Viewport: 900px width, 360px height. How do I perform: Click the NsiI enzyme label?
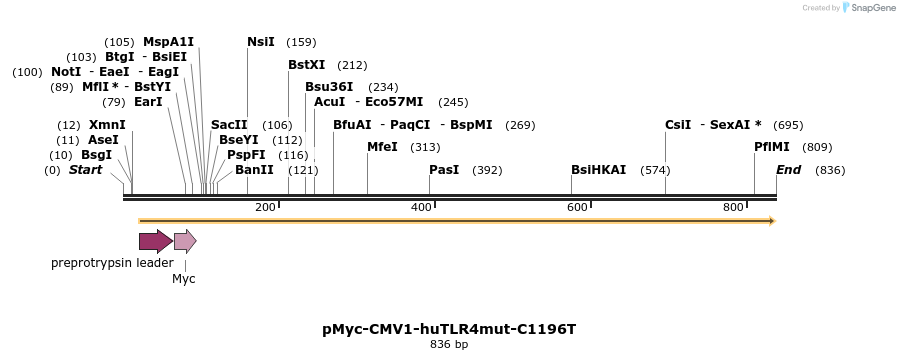point(261,42)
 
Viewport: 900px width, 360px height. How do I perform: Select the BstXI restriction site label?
point(306,65)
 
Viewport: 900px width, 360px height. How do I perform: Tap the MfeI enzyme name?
point(382,147)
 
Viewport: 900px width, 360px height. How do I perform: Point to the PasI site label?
point(444,170)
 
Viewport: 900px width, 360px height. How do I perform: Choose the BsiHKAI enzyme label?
point(598,170)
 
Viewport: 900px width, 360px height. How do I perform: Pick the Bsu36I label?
point(329,87)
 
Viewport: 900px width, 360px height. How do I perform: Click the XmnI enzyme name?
point(106,125)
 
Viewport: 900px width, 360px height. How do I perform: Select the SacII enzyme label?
point(229,125)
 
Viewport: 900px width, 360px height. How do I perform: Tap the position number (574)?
point(655,170)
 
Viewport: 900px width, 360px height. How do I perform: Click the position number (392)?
point(487,170)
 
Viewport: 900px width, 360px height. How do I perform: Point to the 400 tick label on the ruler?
point(421,207)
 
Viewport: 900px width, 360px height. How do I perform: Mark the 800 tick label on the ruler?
point(733,207)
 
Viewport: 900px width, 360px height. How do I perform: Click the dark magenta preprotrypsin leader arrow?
point(155,240)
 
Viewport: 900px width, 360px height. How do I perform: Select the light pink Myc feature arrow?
point(185,240)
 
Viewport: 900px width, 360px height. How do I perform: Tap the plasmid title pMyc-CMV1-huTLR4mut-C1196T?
point(449,328)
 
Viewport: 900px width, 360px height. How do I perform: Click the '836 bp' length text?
point(449,345)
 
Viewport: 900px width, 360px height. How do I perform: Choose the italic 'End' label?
point(788,170)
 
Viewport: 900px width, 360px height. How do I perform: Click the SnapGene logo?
point(869,8)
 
